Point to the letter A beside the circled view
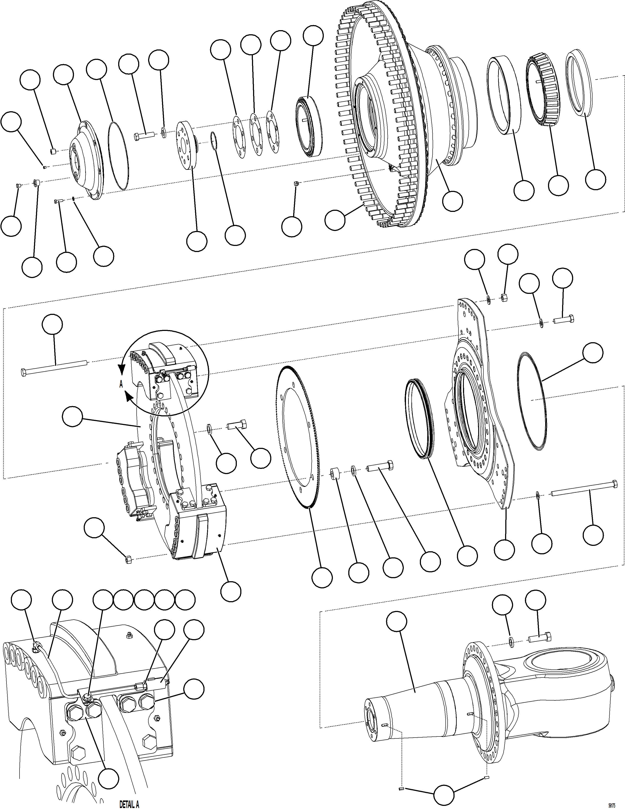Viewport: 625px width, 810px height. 121,385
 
